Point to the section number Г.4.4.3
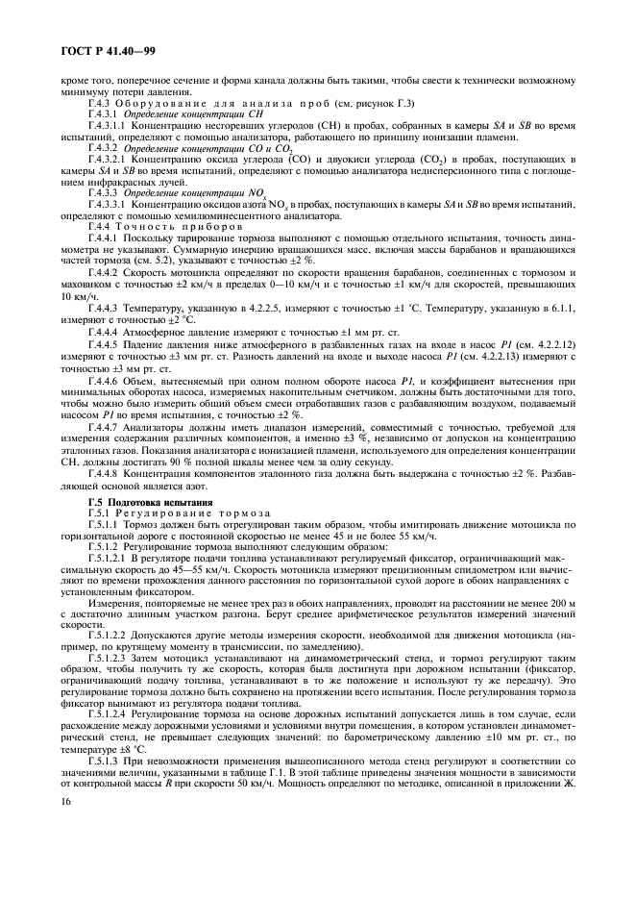103,279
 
